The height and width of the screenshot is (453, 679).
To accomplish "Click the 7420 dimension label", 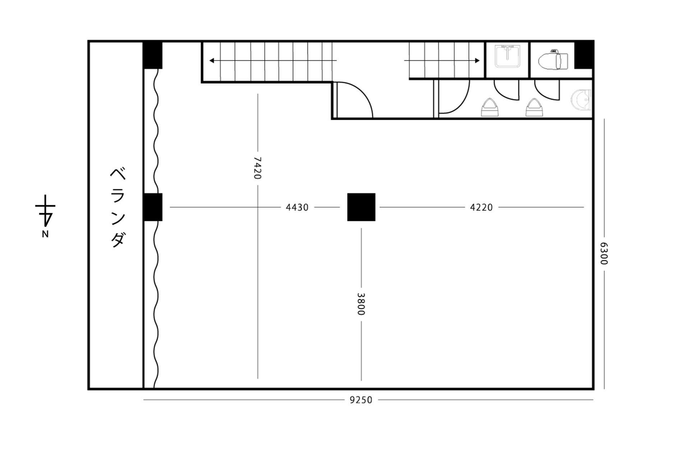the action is pyautogui.click(x=257, y=168).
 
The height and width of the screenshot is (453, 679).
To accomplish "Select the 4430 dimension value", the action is pyautogui.click(x=297, y=207).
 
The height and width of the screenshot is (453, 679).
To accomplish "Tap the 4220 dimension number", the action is pyautogui.click(x=481, y=207).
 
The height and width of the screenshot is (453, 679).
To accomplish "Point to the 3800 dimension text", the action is pyautogui.click(x=361, y=304).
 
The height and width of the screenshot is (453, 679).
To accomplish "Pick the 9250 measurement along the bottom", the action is pyautogui.click(x=361, y=400).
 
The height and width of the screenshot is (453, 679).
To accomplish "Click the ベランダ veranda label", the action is pyautogui.click(x=117, y=207).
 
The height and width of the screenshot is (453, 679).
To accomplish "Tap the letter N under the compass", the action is pyautogui.click(x=45, y=234).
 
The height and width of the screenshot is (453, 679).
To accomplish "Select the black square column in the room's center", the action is pyautogui.click(x=361, y=207).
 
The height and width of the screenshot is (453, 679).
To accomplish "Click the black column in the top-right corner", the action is pyautogui.click(x=583, y=55).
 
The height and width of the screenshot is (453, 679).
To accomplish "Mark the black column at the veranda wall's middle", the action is pyautogui.click(x=153, y=207).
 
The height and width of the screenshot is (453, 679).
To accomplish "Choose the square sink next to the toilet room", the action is pyautogui.click(x=507, y=56).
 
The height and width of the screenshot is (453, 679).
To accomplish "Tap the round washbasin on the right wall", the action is pyautogui.click(x=581, y=100).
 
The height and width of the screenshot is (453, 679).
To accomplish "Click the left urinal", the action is pyautogui.click(x=490, y=107).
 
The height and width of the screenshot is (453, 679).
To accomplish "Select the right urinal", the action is pyautogui.click(x=534, y=107).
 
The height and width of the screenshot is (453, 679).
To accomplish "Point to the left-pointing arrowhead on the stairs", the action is pyautogui.click(x=212, y=60).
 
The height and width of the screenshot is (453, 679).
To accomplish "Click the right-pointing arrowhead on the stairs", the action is pyautogui.click(x=477, y=60).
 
